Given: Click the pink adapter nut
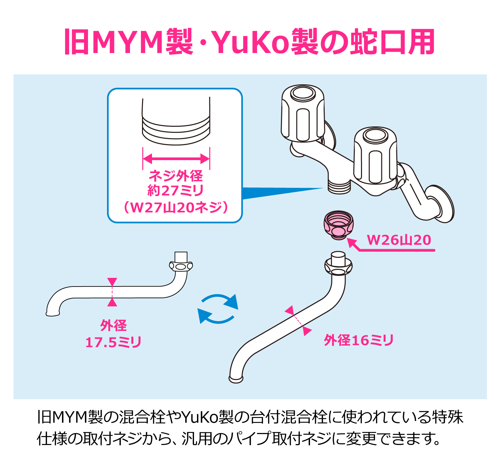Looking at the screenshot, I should (x=338, y=225).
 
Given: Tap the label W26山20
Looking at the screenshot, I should (x=399, y=240).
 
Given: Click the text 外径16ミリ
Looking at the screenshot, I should (x=359, y=340).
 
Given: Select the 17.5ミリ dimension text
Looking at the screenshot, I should (x=113, y=342).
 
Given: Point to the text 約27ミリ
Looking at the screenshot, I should (x=176, y=191).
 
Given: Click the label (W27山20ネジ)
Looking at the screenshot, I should (x=176, y=207).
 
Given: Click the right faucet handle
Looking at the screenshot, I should (x=375, y=155).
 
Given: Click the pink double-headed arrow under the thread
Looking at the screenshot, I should (x=176, y=158).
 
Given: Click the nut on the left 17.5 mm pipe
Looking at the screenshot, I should (x=181, y=266).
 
